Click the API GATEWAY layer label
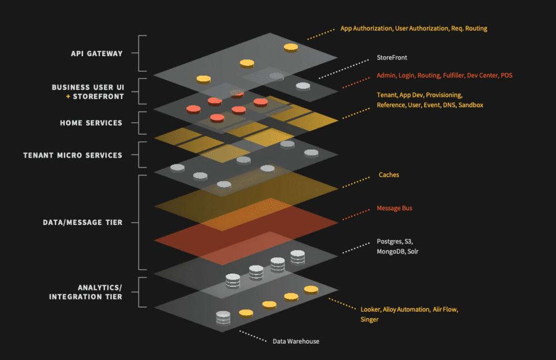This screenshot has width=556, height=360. (x=96, y=54)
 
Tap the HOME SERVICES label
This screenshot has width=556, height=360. (x=91, y=123)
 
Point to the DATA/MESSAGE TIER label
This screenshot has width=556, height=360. (x=82, y=223)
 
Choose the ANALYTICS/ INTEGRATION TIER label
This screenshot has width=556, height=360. (x=85, y=292)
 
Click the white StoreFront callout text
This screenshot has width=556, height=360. (x=392, y=57)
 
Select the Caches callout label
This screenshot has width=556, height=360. (x=388, y=175)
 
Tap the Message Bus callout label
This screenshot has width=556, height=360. (x=395, y=209)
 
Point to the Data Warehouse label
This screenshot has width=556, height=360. (x=296, y=341)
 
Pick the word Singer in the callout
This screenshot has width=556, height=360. (x=369, y=320)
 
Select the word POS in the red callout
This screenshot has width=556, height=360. (x=506, y=75)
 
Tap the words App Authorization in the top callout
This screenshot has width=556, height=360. (x=366, y=28)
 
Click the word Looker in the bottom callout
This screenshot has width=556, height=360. (x=371, y=310)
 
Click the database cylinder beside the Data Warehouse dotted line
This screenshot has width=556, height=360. (x=223, y=319)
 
